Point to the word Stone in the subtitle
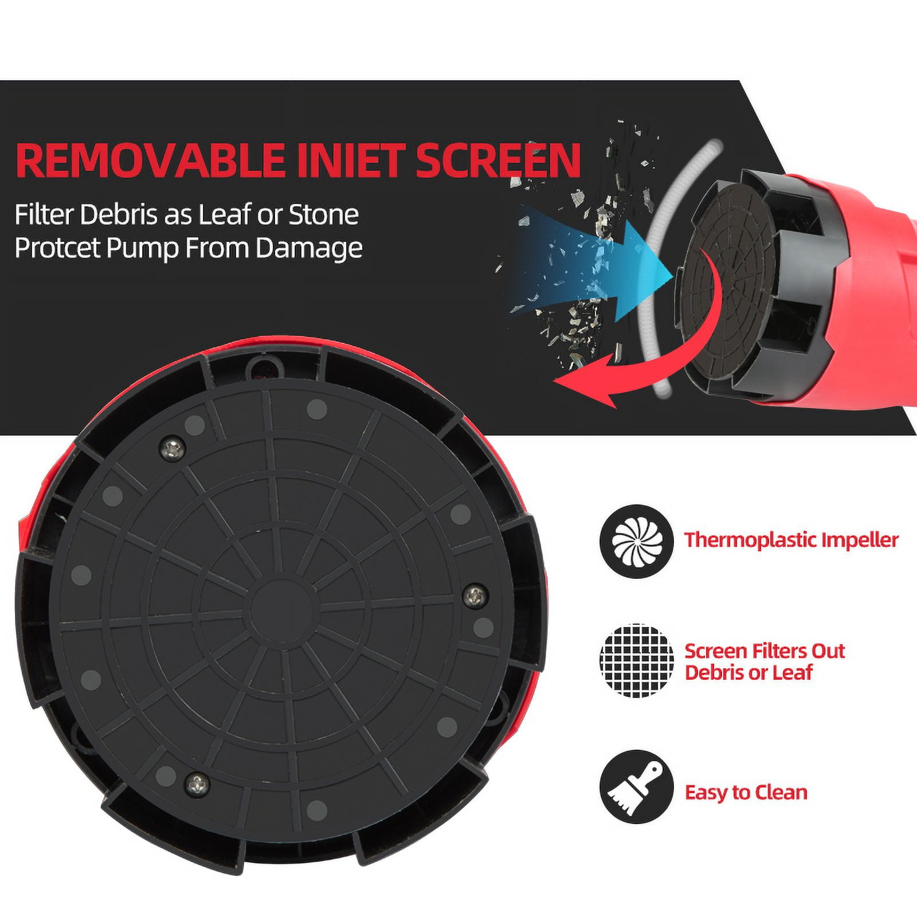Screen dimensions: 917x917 click(x=324, y=214)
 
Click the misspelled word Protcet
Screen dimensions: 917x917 click(x=57, y=248)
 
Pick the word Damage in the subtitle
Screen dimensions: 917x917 click(x=309, y=249)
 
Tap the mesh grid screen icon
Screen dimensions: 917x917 click(x=637, y=661)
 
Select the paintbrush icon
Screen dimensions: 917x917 click(x=637, y=786)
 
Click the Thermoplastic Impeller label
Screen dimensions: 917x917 click(x=791, y=540)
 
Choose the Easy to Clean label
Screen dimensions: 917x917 click(x=746, y=793)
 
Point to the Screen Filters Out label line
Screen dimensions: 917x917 click(x=765, y=651)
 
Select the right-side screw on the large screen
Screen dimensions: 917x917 click(x=475, y=597)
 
